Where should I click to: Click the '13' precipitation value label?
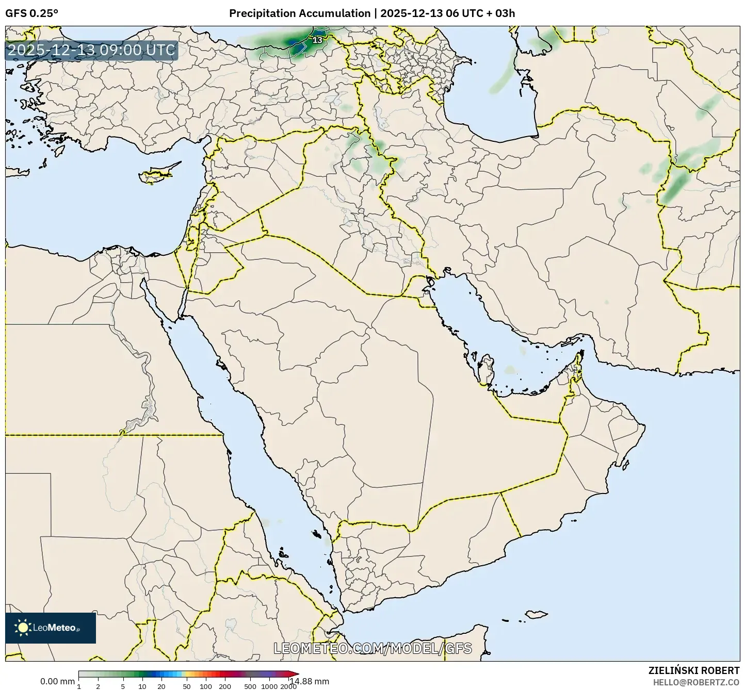coord(317,40)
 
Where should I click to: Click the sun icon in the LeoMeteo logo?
coord(23,628)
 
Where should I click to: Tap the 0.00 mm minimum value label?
coord(57,682)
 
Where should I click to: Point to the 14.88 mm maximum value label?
coord(309,681)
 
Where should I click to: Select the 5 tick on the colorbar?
coord(123,686)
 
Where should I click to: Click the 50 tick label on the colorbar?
coord(187,686)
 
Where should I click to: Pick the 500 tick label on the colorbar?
coord(250,686)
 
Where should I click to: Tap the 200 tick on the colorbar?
coord(225,686)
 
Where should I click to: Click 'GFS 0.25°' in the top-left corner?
coord(32,13)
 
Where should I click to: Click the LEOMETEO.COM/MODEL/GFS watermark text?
coord(372,648)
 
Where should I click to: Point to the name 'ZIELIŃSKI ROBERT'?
coord(693,670)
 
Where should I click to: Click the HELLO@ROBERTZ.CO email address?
coord(696,682)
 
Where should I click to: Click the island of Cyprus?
coord(157,173)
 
